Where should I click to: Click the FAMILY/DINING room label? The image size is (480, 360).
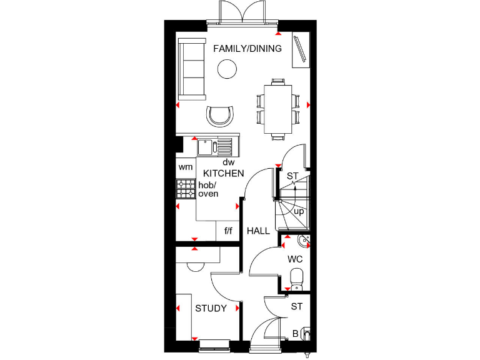(247, 49)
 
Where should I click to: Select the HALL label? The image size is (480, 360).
(258, 231)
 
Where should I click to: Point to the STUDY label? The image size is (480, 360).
(211, 308)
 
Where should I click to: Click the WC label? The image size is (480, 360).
(296, 258)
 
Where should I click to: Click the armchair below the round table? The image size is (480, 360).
(221, 116)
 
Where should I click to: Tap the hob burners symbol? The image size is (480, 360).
(186, 189)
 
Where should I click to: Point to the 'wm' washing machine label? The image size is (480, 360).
(186, 167)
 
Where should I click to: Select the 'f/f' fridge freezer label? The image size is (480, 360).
(228, 231)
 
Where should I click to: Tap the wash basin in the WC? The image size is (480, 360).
(303, 241)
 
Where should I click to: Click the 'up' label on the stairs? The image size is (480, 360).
(299, 211)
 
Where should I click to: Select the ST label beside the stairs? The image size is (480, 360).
(292, 176)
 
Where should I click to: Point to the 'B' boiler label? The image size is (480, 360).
(296, 334)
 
